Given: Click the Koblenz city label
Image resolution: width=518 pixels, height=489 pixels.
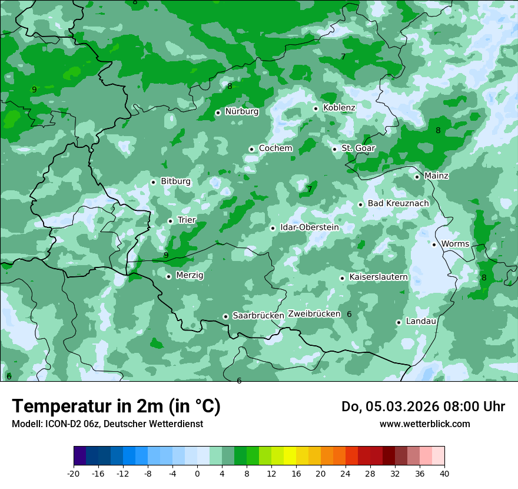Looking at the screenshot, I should [x=339, y=108].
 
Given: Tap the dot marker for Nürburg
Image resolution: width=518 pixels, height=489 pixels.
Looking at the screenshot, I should [x=218, y=112].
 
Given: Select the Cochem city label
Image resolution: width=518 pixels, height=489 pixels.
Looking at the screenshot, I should [x=275, y=148].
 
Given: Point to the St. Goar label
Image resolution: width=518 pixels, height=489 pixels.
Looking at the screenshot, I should [x=358, y=148].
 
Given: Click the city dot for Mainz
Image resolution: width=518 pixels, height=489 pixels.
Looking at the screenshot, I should [x=417, y=177].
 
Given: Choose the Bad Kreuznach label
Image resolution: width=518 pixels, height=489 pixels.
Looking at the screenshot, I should [x=398, y=204].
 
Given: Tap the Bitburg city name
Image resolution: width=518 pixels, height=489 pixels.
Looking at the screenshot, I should [x=175, y=181].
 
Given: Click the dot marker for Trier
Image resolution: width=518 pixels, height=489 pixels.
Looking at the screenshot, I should [x=170, y=221].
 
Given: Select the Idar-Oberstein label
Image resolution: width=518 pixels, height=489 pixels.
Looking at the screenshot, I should [x=310, y=227].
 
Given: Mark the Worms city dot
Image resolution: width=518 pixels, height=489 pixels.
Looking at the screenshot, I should [x=434, y=244].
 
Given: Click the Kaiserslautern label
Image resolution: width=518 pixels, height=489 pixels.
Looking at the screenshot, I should [x=378, y=277].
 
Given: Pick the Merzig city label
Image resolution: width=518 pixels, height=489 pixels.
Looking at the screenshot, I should [x=190, y=276].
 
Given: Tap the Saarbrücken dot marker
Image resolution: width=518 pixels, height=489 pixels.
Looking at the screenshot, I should [x=225, y=316].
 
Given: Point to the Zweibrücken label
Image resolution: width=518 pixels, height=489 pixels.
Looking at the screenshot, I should [x=314, y=314].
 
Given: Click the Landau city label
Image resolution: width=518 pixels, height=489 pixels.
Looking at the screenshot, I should [x=421, y=322].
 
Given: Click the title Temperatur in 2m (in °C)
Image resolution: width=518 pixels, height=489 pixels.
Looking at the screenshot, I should [x=116, y=407].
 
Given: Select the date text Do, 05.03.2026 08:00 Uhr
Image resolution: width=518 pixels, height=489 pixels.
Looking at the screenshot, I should [x=423, y=407].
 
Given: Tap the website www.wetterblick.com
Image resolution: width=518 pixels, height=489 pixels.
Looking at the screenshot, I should [x=424, y=424].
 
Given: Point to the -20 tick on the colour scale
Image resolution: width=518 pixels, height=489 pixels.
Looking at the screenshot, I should [x=74, y=474].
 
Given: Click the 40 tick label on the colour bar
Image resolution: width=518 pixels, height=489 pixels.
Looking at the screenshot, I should [x=444, y=474].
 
